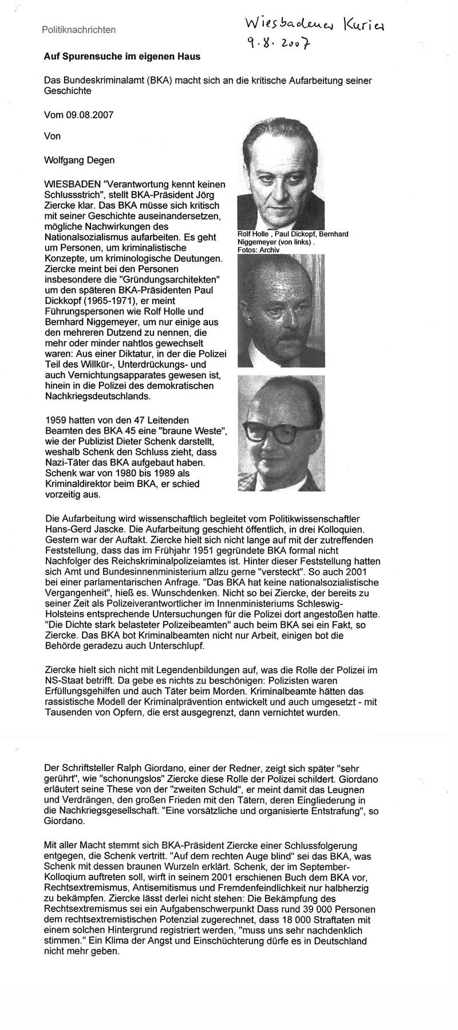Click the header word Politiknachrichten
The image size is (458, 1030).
click(78, 30)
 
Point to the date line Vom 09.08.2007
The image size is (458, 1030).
click(79, 114)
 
